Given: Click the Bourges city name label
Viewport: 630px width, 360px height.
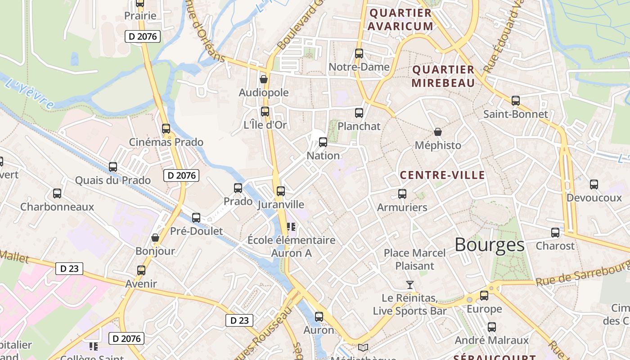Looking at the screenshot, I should coord(489,245).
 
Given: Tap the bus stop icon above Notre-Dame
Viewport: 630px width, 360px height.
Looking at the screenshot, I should coord(359,54).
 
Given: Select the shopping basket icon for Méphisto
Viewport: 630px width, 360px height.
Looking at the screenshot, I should coord(437,132).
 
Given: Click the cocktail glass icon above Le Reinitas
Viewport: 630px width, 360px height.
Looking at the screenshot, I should coord(409,284).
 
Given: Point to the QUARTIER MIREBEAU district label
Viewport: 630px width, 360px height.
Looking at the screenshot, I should coord(443,76).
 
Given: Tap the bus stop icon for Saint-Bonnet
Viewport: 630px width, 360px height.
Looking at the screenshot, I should coord(515,101).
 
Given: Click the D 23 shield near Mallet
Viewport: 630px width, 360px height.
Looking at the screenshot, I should coord(69,269).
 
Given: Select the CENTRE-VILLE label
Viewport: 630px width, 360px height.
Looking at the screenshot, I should coord(442,175).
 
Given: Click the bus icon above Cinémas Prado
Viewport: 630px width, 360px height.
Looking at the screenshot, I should coord(166,129).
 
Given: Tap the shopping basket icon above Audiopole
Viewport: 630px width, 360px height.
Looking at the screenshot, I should coord(264,79).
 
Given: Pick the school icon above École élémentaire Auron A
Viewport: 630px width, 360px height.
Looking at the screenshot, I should coord(291,226).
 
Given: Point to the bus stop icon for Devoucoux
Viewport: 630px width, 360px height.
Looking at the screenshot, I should coord(594,184).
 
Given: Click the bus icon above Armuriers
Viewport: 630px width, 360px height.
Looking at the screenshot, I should coord(402,194).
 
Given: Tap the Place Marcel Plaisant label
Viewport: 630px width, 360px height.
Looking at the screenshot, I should coord(414,259).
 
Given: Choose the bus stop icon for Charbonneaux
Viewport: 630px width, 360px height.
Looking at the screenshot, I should coord(57,193).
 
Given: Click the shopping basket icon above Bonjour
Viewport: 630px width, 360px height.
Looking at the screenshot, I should coord(155,237).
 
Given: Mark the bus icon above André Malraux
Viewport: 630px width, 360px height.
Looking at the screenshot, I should coord(492,327).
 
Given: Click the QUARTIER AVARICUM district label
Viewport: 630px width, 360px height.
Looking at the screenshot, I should coord(400,19).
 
